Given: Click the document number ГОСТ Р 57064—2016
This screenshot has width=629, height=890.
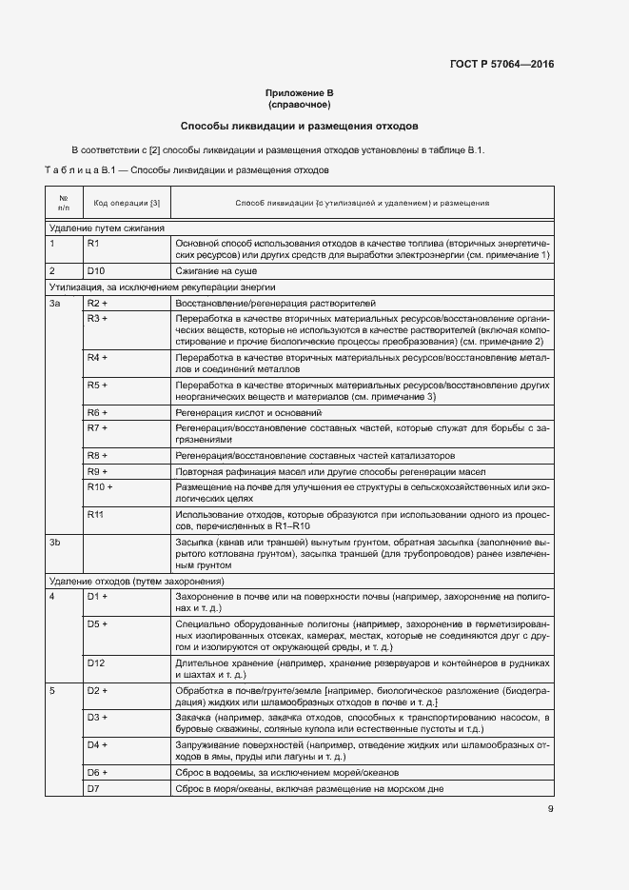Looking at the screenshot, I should point(501,65).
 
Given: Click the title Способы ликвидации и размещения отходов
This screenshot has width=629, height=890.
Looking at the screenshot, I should point(299,126).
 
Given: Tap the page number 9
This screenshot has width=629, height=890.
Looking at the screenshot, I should point(550,809).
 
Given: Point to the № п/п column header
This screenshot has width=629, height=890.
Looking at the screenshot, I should point(64,203).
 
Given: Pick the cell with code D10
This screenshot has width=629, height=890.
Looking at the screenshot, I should point(96,270).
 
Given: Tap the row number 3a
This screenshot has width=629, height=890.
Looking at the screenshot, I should point(55,302).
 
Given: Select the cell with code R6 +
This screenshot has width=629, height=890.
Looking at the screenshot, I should point(98,412).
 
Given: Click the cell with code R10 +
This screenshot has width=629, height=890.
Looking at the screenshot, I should point(100,486).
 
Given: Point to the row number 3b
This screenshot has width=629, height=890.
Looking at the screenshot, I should point(55,542).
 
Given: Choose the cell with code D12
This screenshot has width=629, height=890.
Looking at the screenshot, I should point(96,662).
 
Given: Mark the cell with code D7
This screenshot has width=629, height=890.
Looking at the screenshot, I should point(93,789).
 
